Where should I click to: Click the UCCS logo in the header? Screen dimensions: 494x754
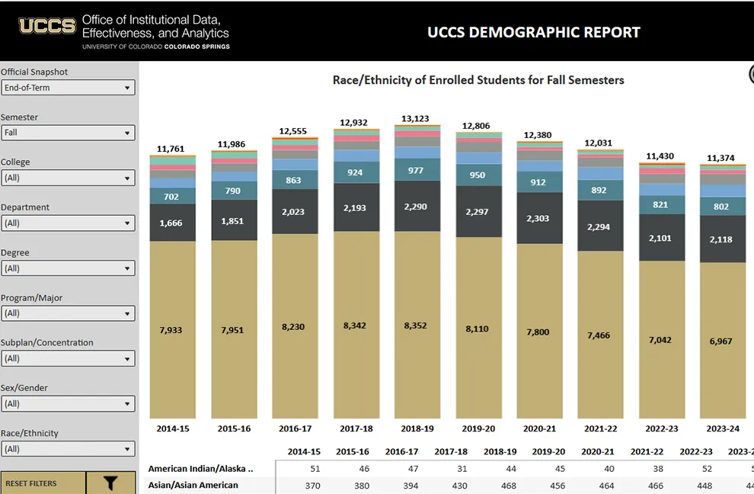pyautogui.click(x=47, y=27)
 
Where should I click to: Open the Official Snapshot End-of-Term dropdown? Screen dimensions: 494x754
pyautogui.click(x=68, y=88)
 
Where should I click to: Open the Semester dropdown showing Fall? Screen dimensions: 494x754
pyautogui.click(x=68, y=133)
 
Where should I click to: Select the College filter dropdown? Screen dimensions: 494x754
pyautogui.click(x=68, y=178)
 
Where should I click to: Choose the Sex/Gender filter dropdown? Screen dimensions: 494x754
pyautogui.click(x=68, y=404)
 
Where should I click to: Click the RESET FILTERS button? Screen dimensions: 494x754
pyautogui.click(x=42, y=483)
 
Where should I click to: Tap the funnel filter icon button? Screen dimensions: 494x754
pyautogui.click(x=110, y=483)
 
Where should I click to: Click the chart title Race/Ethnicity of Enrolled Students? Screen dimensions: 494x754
pyautogui.click(x=478, y=80)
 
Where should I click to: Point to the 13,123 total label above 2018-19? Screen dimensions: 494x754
pyautogui.click(x=415, y=119)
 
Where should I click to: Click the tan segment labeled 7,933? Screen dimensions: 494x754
pyautogui.click(x=171, y=330)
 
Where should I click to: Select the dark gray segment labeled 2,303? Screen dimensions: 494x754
pyautogui.click(x=538, y=219)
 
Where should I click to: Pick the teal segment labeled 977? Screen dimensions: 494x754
pyautogui.click(x=417, y=171)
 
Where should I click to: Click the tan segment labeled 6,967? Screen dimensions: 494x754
pyautogui.click(x=720, y=341)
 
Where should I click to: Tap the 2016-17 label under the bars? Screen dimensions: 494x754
pyautogui.click(x=295, y=429)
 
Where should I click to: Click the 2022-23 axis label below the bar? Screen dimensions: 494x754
pyautogui.click(x=660, y=429)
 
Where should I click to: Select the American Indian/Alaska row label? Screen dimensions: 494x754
pyautogui.click(x=200, y=469)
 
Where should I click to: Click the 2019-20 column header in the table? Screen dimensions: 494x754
pyautogui.click(x=549, y=452)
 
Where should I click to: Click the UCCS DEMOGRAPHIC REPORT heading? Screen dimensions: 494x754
pyautogui.click(x=533, y=32)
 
